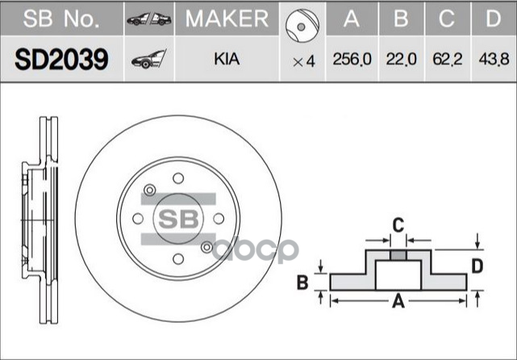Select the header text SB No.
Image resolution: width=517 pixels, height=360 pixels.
(63, 19)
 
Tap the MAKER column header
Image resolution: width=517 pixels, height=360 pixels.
(227, 19)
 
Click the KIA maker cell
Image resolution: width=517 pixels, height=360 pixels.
(227, 60)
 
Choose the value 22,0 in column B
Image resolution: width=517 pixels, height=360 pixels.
(401, 60)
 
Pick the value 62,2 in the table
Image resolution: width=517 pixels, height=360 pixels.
(448, 60)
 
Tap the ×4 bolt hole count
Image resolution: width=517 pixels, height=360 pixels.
(303, 61)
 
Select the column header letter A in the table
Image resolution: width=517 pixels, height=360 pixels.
(352, 19)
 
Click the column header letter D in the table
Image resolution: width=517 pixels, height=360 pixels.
(492, 19)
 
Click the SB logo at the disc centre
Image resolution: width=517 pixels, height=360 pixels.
(177, 218)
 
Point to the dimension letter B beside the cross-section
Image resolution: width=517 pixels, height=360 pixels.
(302, 282)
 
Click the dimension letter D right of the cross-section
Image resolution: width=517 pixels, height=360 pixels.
(477, 265)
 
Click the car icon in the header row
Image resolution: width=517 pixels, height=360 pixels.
(150, 19)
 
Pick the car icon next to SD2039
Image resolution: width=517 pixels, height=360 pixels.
(149, 59)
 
